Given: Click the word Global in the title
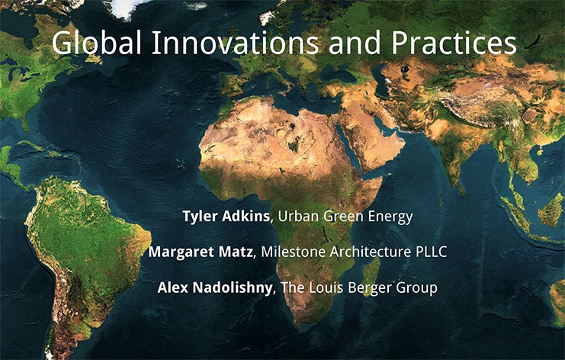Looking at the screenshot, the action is point(96,43).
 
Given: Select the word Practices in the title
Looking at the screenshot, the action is point(454,42).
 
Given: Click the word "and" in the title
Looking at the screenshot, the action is point(355,42).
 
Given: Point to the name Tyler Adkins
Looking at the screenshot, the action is point(226,216).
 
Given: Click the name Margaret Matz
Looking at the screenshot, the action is point(201,252).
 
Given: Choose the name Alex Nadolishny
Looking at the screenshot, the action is point(215,288).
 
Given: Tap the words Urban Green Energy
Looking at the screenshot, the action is point(345,217).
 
